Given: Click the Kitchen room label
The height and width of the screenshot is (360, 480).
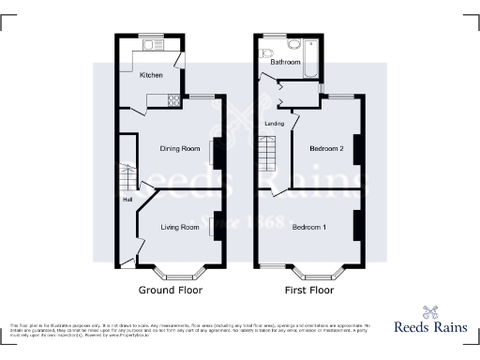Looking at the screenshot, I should click(x=151, y=74).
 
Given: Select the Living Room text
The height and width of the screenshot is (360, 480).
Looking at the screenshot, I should click(x=179, y=227).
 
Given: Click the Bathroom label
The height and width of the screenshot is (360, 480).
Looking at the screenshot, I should click(x=286, y=62).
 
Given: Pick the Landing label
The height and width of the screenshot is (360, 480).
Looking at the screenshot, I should click(x=275, y=123).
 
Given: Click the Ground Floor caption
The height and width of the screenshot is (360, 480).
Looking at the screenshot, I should click(x=171, y=290).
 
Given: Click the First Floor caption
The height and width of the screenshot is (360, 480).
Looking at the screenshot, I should click(x=308, y=290).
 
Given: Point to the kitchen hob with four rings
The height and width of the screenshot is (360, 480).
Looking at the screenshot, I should click(x=172, y=98).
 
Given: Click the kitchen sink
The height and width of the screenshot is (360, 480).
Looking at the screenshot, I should click(x=151, y=46).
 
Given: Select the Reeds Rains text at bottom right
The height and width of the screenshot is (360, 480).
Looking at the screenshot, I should click(x=430, y=330).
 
